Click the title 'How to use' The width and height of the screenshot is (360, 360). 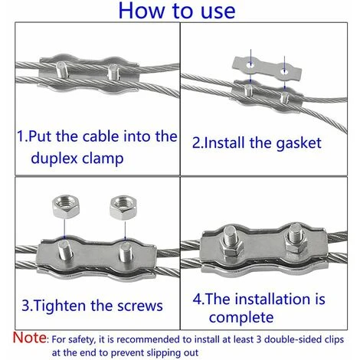[180, 13]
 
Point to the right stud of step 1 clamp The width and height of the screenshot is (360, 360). [113, 74]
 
